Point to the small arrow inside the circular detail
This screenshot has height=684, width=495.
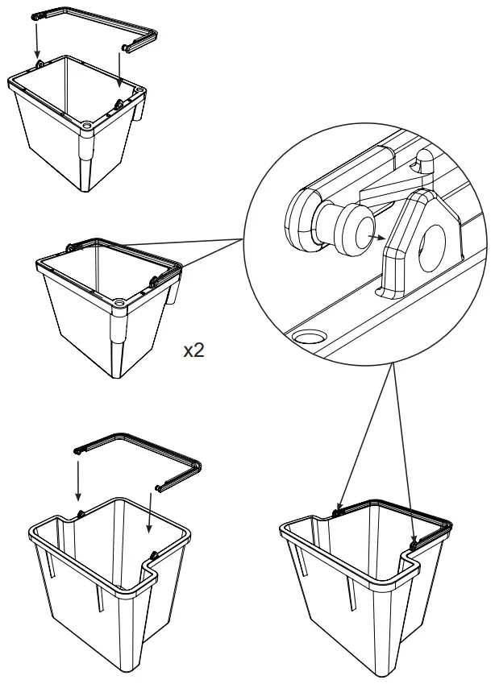(x=373, y=237)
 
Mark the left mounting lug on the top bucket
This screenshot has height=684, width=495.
(x=39, y=65)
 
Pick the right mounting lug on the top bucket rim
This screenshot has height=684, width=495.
(x=119, y=103)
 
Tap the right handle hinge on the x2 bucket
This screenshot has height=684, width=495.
(x=153, y=281)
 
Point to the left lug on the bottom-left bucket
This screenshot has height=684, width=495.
(x=80, y=513)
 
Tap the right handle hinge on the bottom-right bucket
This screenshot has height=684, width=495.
(x=414, y=545)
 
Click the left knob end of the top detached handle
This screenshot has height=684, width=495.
(x=36, y=16)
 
